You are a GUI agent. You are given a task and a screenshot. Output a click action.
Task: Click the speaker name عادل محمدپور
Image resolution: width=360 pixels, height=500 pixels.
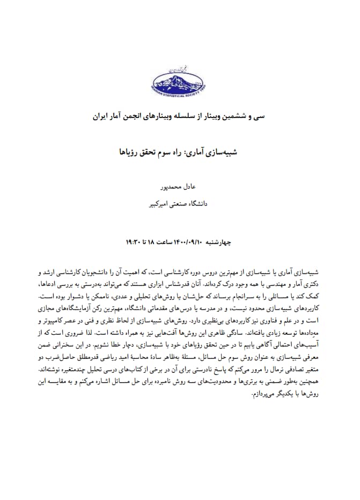tap(179, 187)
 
